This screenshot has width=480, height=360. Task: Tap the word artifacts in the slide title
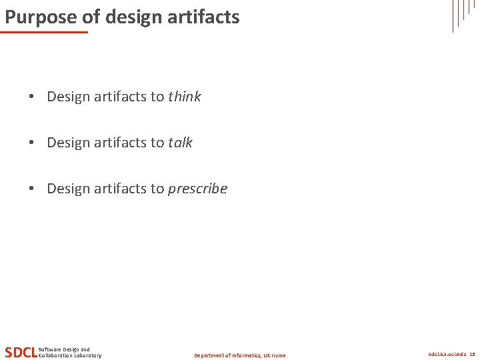click(x=207, y=16)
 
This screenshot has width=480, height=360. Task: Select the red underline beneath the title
click(x=45, y=31)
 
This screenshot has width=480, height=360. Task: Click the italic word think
click(x=185, y=97)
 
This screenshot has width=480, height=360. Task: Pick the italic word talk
click(x=180, y=143)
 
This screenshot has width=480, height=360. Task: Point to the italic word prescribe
click(x=197, y=189)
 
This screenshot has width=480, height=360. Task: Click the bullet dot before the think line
click(x=32, y=97)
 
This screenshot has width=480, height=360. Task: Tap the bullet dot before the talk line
click(x=32, y=143)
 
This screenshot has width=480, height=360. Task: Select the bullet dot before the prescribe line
click(x=32, y=189)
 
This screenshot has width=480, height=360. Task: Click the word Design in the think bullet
click(x=68, y=97)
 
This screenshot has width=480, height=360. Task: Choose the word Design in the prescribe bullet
click(x=68, y=189)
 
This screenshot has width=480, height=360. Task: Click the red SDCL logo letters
click(x=21, y=352)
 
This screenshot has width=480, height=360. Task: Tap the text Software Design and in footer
click(x=64, y=349)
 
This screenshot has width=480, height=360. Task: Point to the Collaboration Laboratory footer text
click(x=70, y=355)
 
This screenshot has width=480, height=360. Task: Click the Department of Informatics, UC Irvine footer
click(x=239, y=355)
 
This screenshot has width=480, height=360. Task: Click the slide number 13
click(x=472, y=355)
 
